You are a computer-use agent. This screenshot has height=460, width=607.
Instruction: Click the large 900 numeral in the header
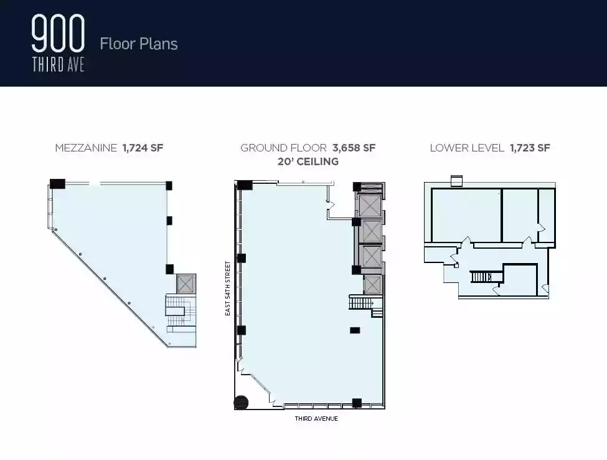coord(58,33)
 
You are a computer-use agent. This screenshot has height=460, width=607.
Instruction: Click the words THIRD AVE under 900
coord(58,65)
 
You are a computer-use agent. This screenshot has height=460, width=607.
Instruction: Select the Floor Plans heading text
coord(139,44)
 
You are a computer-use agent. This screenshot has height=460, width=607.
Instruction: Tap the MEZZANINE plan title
coord(86,148)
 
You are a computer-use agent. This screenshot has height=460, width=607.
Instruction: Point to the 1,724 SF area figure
coord(143,148)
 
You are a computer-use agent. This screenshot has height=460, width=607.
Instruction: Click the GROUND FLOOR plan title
coord(283,148)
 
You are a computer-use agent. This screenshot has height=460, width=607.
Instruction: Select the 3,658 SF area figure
coord(354,148)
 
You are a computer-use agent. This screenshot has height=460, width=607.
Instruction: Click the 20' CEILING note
coord(308,161)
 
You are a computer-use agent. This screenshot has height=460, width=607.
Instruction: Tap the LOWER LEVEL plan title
coord(467,148)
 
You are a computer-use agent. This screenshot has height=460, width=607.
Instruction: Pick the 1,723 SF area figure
coord(530,148)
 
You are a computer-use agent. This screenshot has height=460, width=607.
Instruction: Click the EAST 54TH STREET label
coord(228,289)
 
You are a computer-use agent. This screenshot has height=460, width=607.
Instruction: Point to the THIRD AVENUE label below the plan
coord(316,418)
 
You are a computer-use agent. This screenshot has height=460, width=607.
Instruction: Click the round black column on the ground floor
coord(241,402)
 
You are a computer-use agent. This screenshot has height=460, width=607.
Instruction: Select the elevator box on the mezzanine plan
coord(186,284)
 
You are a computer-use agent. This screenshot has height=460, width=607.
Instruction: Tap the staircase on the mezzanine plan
coord(181,314)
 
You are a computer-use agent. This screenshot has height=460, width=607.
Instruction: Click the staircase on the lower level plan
coord(481,277)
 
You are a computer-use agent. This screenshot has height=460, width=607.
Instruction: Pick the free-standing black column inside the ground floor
coord(355,330)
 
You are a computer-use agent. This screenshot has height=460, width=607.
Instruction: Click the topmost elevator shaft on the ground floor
coord(370,206)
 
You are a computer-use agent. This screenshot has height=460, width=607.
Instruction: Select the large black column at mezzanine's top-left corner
coord(57,184)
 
